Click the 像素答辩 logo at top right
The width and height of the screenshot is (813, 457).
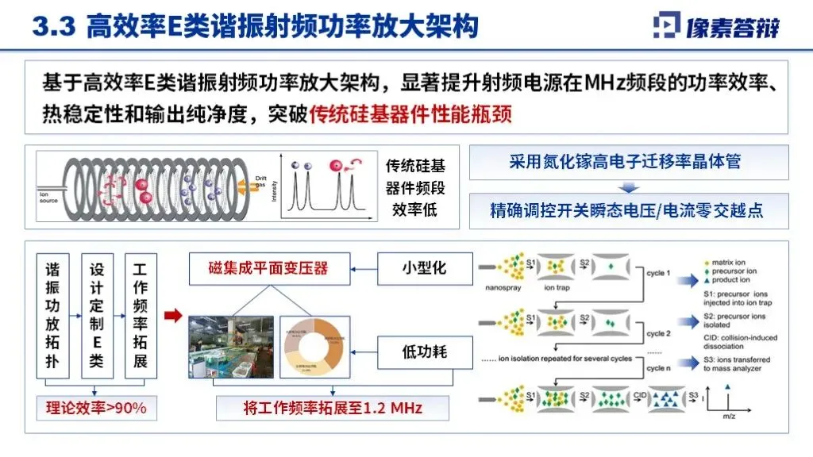[716, 26]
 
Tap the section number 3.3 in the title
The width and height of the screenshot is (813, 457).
[53, 27]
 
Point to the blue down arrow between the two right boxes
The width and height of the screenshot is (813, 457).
[627, 187]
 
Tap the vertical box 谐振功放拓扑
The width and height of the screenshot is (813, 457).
[52, 315]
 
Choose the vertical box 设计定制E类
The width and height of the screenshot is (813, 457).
[97, 315]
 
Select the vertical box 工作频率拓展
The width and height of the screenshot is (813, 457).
[141, 315]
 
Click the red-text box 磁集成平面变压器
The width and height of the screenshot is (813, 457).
[258, 269]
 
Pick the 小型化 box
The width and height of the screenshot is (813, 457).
[423, 268]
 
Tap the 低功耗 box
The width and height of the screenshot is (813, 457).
[423, 350]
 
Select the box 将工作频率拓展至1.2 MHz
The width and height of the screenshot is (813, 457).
[333, 409]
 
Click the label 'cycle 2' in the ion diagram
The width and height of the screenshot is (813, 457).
[658, 334]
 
